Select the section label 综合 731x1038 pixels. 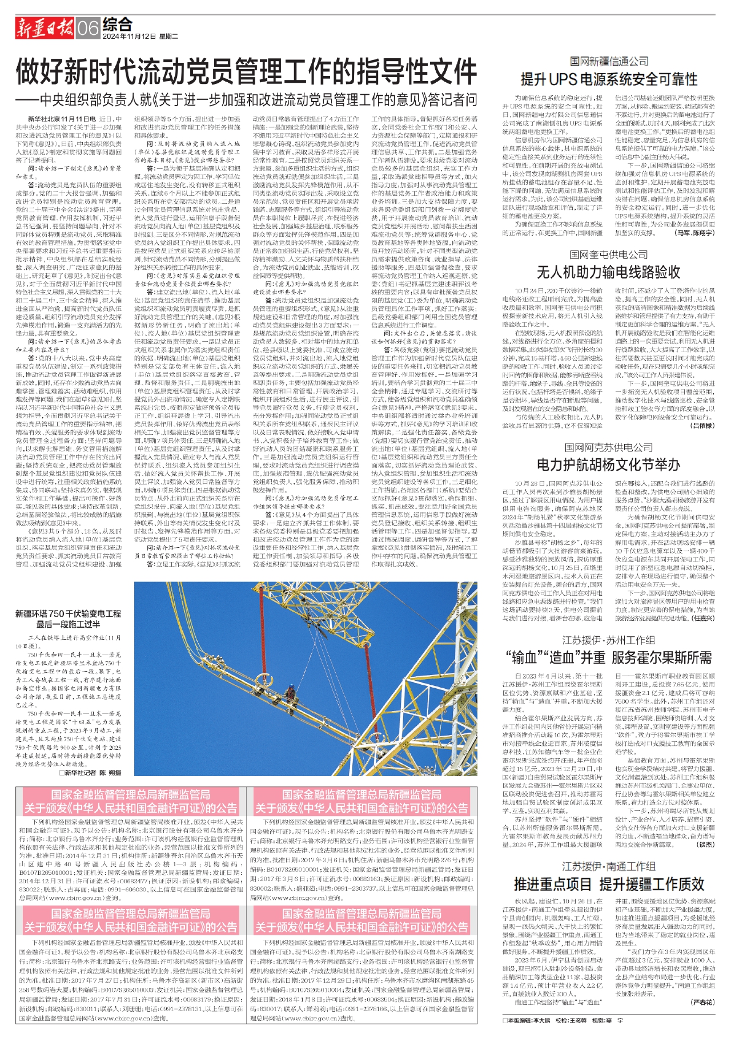click(x=118, y=24)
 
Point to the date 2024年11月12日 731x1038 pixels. click(x=130, y=37)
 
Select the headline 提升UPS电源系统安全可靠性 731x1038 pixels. click(x=609, y=79)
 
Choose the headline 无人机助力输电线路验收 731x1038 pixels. click(x=609, y=272)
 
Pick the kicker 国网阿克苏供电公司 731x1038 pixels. click(x=609, y=447)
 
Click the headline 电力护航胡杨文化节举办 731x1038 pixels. click(x=609, y=465)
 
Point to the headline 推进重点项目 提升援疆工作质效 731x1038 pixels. click(x=609, y=884)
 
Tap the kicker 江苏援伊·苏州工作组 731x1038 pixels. click(x=609, y=640)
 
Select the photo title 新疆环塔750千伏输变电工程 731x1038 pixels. click(x=69, y=614)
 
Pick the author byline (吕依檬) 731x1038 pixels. click(x=702, y=426)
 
